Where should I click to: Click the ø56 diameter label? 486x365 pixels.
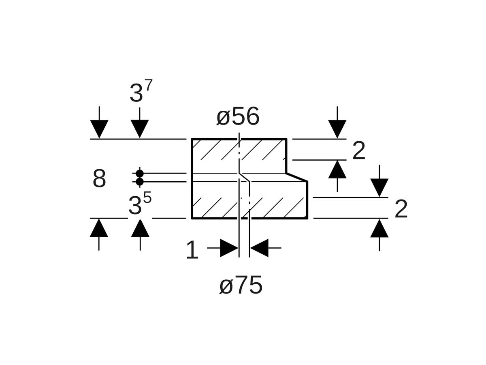click(x=238, y=117)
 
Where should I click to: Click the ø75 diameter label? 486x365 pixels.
click(x=241, y=286)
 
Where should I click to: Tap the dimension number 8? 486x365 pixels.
click(x=99, y=178)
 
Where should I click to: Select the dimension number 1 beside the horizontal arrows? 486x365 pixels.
click(x=192, y=250)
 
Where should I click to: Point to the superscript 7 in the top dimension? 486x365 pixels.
click(x=149, y=86)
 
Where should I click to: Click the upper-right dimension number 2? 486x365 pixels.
click(x=359, y=151)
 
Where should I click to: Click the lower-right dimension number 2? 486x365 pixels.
click(x=401, y=209)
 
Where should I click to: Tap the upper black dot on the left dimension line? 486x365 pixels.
click(x=140, y=174)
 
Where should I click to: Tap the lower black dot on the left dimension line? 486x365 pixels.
click(x=140, y=182)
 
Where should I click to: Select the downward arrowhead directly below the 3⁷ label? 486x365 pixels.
click(x=140, y=129)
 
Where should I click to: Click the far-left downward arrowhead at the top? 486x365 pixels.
click(x=99, y=129)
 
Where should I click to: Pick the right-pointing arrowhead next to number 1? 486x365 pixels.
click(x=229, y=248)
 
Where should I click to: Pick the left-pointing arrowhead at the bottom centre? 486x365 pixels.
click(x=259, y=248)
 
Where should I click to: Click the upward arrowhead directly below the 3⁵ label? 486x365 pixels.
click(x=140, y=228)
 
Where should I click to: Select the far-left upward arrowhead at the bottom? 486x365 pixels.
click(x=99, y=228)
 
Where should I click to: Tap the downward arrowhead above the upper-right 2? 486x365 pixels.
click(x=337, y=129)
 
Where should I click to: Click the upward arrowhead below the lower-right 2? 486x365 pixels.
click(x=379, y=228)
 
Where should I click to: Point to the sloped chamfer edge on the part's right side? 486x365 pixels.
click(x=297, y=177)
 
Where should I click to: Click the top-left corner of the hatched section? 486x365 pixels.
click(x=192, y=139)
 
